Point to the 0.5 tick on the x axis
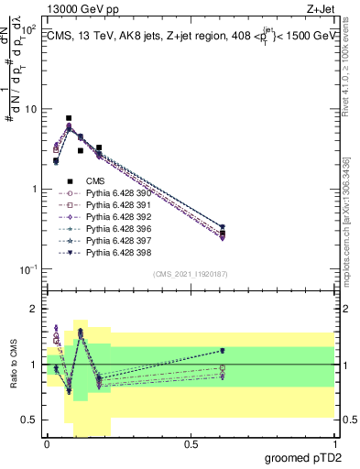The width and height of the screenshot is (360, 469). (x=191, y=442)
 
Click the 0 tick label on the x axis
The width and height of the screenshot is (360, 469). (x=47, y=442)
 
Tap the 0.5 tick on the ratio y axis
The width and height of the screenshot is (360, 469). (x=30, y=420)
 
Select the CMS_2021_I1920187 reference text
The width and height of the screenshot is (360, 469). (x=190, y=274)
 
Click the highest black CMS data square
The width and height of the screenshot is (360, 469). (x=69, y=118)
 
